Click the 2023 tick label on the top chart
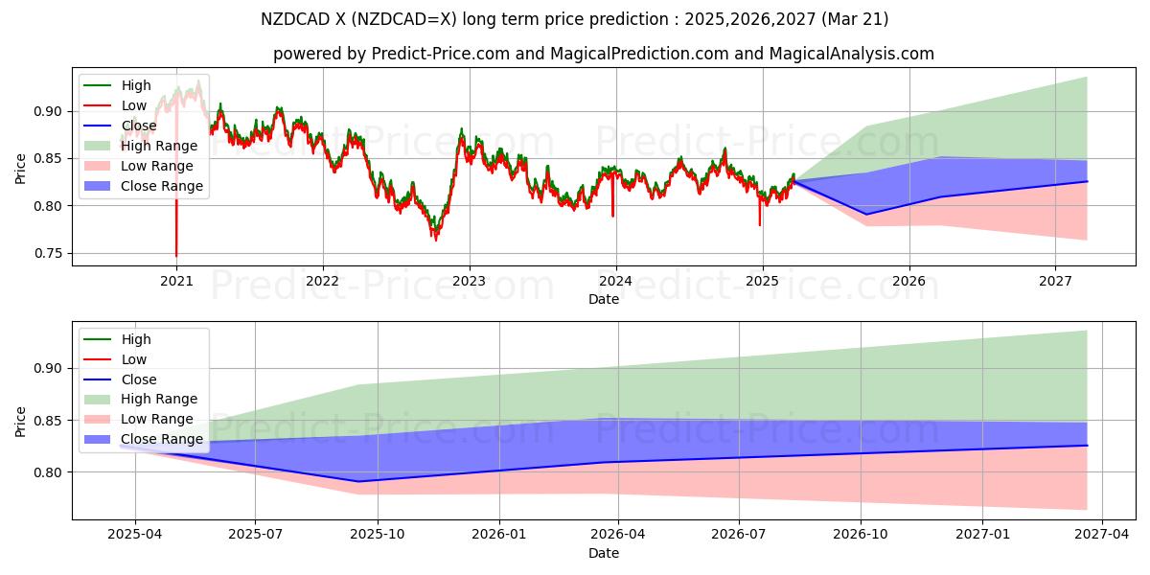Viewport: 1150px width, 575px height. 469,281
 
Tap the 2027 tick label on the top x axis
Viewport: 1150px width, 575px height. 1055,281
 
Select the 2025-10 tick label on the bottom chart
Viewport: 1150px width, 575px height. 377,535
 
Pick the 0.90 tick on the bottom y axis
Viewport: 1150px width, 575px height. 53,368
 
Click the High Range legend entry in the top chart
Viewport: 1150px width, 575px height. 159,146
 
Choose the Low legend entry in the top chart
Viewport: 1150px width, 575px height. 134,105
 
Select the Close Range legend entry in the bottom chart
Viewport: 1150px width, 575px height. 161,439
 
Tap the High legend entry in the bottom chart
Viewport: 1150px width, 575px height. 136,339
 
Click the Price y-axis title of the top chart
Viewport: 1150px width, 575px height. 21,170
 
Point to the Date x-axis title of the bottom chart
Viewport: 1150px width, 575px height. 604,553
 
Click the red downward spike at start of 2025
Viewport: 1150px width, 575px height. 760,224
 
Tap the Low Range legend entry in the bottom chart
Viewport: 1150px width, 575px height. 158,419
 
